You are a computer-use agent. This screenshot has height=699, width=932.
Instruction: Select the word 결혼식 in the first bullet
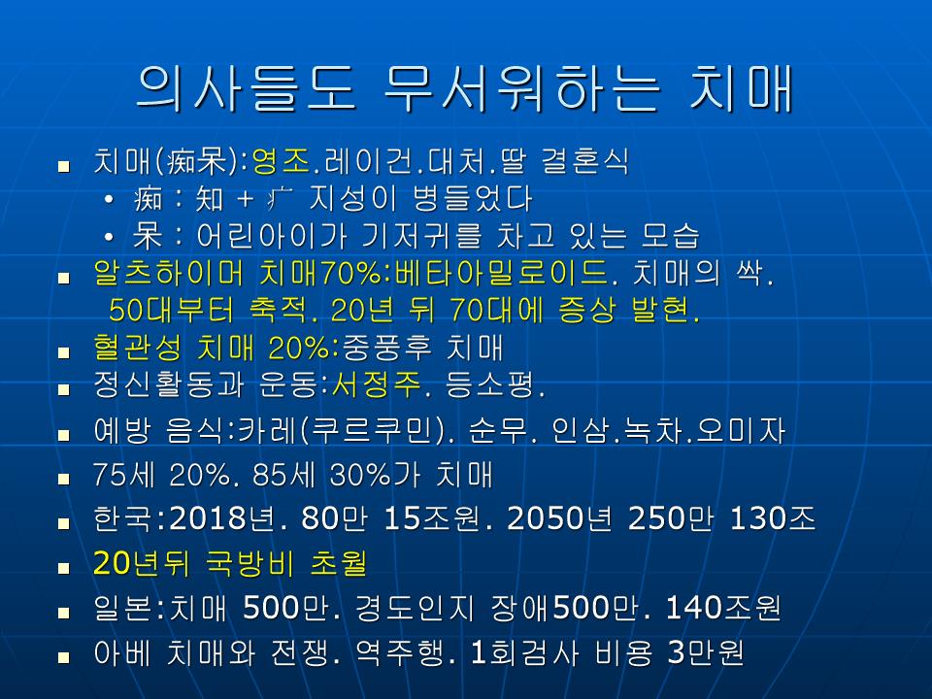coord(584,160)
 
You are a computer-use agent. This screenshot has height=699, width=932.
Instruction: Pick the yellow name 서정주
coord(376,384)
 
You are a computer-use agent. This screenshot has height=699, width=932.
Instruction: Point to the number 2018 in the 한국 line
coord(208,518)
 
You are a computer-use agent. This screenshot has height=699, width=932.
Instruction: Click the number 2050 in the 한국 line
coord(546,518)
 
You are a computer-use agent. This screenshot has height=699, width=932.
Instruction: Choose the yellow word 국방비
coord(250,563)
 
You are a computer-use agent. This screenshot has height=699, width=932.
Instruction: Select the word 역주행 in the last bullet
coord(399,652)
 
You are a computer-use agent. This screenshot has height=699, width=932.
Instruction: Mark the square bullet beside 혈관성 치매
coord(64,353)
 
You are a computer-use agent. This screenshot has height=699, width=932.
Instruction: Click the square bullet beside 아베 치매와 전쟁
coord(64,657)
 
